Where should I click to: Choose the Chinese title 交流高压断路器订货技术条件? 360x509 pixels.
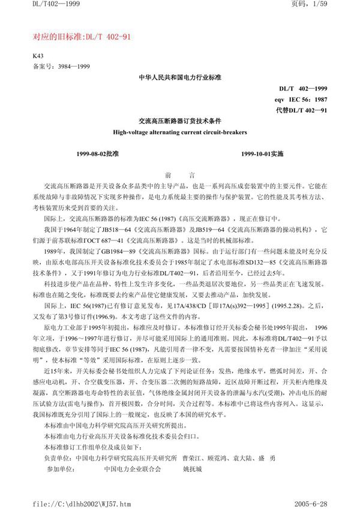click(x=180, y=121)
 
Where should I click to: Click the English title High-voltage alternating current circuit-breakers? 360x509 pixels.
click(x=180, y=131)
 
